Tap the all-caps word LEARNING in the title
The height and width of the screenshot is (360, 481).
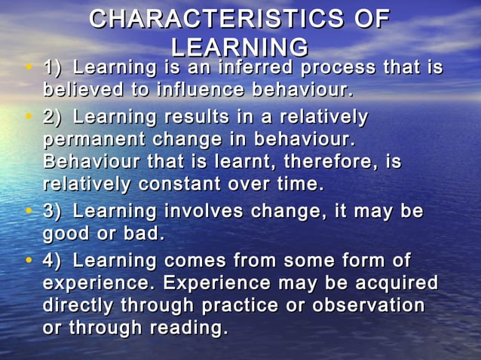[x=240, y=47]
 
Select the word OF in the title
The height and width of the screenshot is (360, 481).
[x=372, y=19]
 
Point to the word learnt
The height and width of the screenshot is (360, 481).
[x=229, y=163]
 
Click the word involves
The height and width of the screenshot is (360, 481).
[x=211, y=212]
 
